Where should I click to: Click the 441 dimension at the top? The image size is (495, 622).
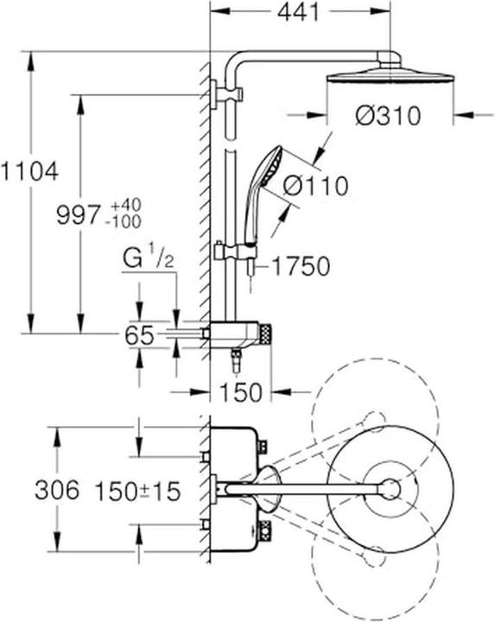298,12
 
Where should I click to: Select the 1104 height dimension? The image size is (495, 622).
29,172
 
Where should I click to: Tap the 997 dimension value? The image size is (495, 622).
78,214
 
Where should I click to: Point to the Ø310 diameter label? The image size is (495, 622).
388,116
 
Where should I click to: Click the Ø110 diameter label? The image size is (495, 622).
316,186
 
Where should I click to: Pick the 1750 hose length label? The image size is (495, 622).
301,266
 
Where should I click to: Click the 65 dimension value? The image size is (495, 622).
139,335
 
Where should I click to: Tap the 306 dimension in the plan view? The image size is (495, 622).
57,490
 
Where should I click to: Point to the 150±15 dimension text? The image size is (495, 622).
137,491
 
